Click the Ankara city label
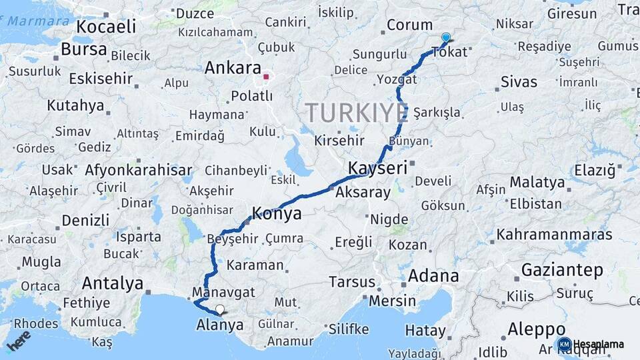[x=232, y=68]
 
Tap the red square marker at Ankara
[x=266, y=77]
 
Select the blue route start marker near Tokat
[x=445, y=38]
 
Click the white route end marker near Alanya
[x=219, y=309]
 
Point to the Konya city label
[x=276, y=214]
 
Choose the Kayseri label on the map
[x=377, y=167]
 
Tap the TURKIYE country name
[x=356, y=113]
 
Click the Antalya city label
[x=112, y=283]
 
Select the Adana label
[x=433, y=275]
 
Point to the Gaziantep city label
[x=562, y=270]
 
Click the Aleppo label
[x=536, y=329]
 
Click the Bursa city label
[x=83, y=49]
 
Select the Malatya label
[x=537, y=182]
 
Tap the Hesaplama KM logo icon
[x=563, y=344]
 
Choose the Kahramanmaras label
[x=554, y=235]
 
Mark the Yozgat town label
[x=397, y=79]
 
